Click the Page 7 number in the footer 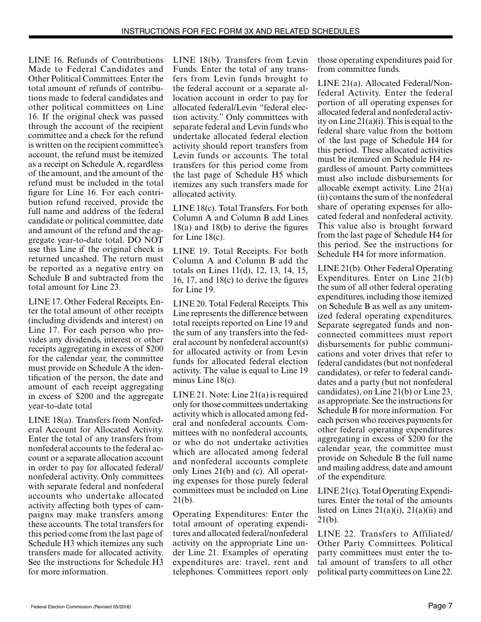[439, 606]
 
